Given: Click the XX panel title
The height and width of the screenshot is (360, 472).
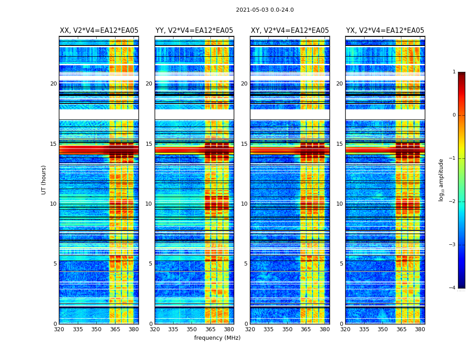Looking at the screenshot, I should coord(99,31).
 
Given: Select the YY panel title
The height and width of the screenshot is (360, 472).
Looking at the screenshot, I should coord(194,31).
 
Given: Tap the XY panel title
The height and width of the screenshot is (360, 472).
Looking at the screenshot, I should coord(289,31).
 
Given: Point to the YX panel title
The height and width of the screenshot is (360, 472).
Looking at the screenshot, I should coord(385,31).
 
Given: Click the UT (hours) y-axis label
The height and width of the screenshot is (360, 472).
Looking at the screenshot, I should coord(44,180).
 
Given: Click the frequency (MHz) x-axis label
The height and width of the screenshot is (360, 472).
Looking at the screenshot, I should coord(217,338).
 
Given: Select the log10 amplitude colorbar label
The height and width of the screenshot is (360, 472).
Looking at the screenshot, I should coord(441,180).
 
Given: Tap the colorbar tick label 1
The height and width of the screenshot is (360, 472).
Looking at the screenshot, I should coord(454,72).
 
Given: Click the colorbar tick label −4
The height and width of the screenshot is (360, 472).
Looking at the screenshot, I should coord(453,288).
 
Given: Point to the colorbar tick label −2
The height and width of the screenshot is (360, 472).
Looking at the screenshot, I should coord(453,202).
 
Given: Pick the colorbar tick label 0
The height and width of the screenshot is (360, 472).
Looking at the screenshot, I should coord(454,115).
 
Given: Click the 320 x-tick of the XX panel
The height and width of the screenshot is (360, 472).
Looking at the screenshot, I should coord(59,329).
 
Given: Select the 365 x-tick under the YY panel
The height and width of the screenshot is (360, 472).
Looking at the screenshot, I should coord(210,329).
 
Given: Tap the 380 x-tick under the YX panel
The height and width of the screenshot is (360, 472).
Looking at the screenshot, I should coord(420,329).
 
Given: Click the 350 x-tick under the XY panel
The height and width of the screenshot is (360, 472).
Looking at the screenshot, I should coord(287,329).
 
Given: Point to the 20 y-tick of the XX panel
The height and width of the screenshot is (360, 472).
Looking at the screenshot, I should coord(53,84).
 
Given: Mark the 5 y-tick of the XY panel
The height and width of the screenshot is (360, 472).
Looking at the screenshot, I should coord(245,264).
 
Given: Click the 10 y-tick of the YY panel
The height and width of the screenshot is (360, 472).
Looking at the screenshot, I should coord(149,204).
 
